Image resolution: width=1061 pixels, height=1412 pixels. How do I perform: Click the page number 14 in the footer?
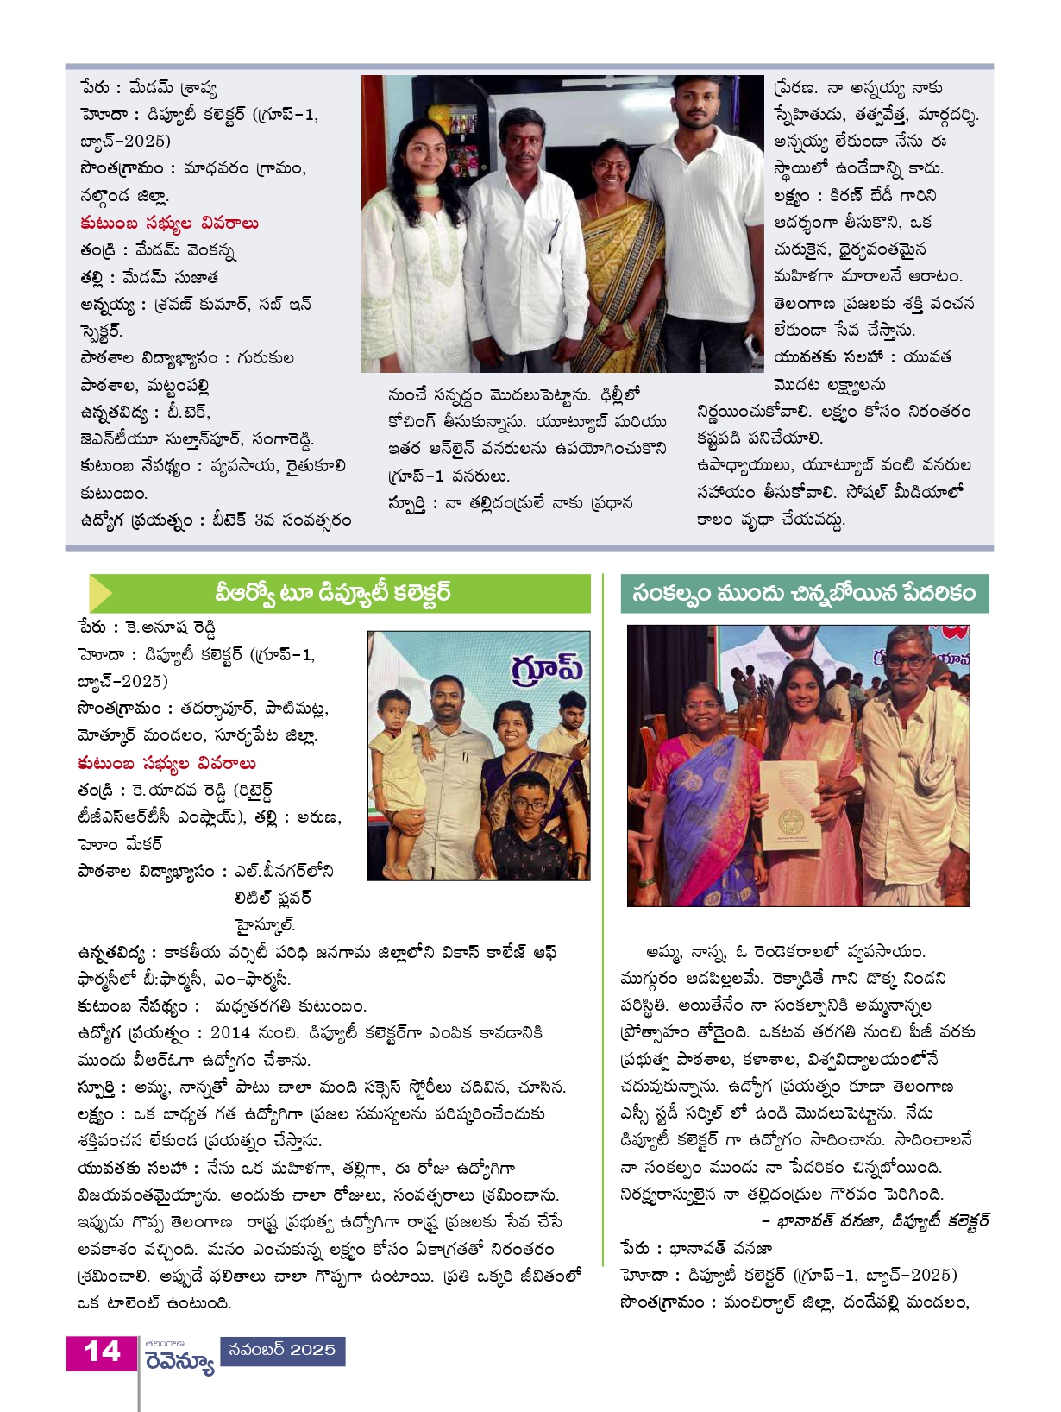pos(102,1352)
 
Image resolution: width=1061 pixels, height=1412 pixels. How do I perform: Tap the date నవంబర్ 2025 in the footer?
pos(282,1350)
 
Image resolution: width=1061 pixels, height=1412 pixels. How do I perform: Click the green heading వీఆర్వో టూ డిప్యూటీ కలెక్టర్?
pos(332,594)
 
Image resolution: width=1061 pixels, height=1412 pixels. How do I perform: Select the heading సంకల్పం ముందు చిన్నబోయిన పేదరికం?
pos(804,593)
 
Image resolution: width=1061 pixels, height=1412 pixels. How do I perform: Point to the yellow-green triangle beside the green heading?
pos(101,594)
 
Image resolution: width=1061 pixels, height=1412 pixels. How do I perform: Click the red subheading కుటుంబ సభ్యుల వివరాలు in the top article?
pos(169,224)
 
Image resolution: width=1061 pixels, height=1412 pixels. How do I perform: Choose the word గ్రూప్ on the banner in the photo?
pos(547,669)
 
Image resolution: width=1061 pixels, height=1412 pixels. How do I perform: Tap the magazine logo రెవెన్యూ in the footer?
pos(179,1362)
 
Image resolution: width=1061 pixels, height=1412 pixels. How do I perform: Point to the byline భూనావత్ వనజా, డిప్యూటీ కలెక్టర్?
pos(875,1220)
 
